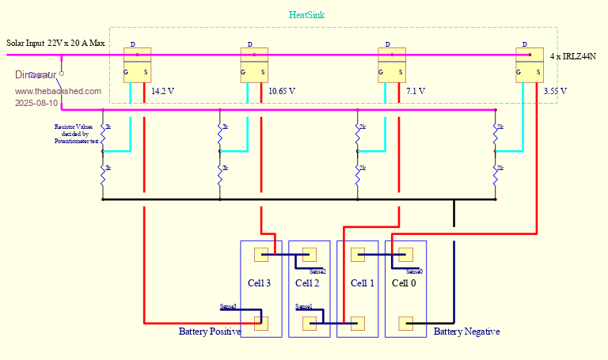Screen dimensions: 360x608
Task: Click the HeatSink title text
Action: click(307, 15)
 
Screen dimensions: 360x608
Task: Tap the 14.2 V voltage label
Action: click(162, 91)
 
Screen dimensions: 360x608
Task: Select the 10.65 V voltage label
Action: click(282, 91)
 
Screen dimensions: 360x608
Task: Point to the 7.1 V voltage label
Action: click(416, 91)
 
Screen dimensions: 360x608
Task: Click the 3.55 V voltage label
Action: click(556, 91)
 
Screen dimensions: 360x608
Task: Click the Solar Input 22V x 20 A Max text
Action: click(55, 42)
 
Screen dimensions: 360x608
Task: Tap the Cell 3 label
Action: click(260, 283)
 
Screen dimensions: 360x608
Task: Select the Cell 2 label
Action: click(307, 283)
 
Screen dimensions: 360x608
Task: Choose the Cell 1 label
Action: click(363, 283)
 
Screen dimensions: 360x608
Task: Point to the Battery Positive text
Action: click(210, 332)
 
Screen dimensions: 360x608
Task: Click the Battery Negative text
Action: click(466, 332)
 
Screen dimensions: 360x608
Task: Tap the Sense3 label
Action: click(228, 306)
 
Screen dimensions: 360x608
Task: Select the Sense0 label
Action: click(414, 271)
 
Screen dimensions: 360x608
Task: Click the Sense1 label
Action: click(304, 306)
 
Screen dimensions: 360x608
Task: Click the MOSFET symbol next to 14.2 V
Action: click(136, 65)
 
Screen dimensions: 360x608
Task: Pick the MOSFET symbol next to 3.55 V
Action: click(529, 65)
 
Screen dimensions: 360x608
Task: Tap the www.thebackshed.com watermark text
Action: click(58, 91)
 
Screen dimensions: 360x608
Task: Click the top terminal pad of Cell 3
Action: click(260, 255)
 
